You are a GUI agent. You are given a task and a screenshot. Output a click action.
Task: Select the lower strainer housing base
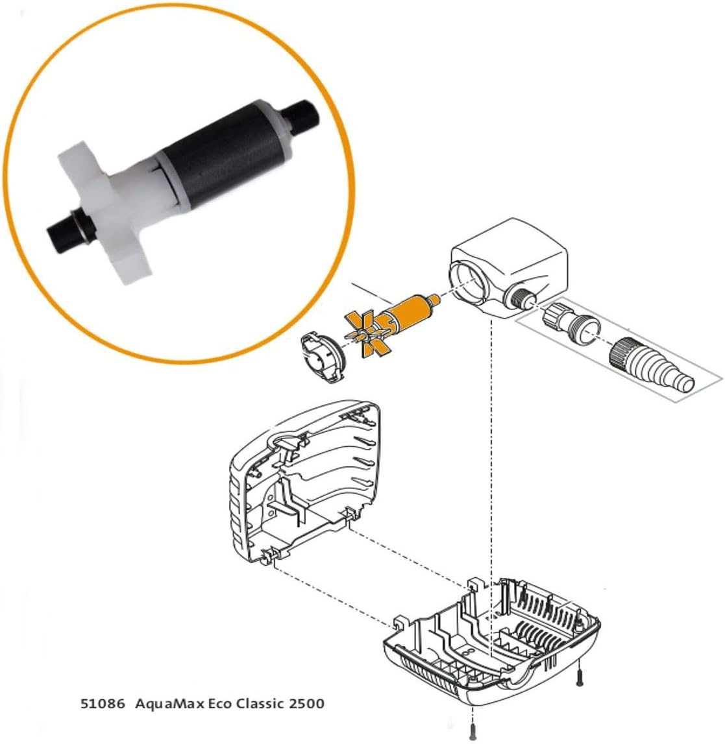[x=493, y=642]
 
